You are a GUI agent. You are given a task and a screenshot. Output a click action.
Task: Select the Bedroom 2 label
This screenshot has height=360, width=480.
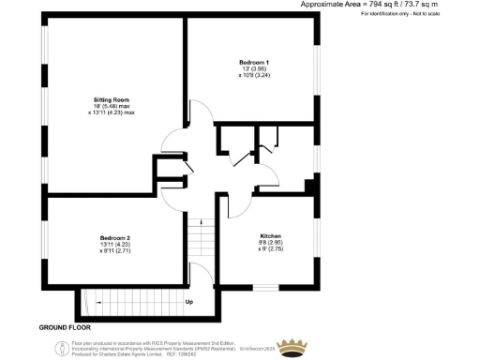115,238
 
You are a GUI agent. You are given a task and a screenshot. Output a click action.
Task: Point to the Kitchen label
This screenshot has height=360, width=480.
271,236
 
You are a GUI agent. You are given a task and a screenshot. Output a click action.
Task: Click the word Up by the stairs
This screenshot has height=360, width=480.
188,302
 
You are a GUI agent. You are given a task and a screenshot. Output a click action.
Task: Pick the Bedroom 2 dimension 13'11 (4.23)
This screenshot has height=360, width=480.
115,246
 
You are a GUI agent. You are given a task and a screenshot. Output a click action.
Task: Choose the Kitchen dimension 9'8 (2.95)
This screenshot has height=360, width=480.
271,244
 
